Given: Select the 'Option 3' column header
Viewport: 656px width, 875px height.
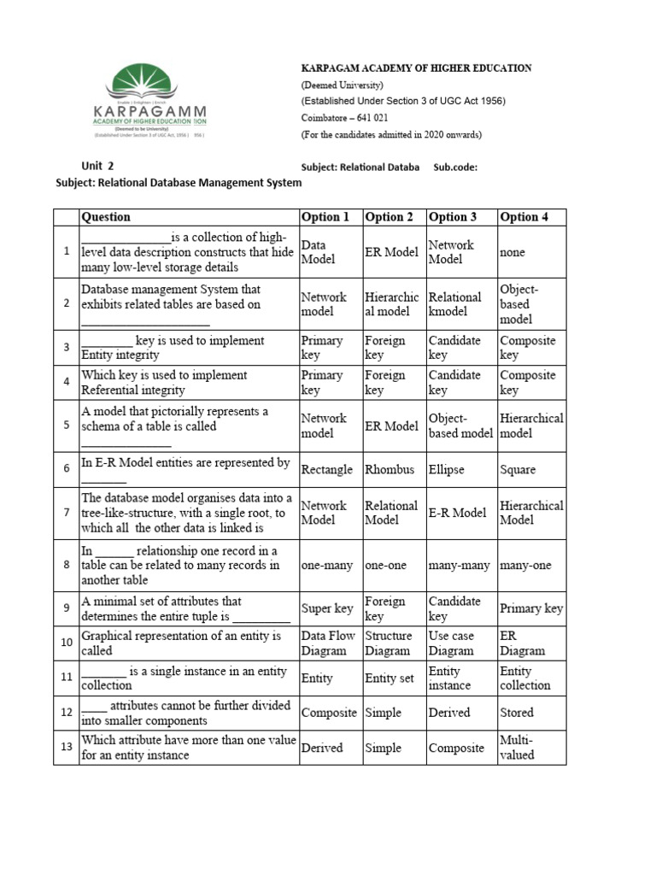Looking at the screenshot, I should tap(453, 217).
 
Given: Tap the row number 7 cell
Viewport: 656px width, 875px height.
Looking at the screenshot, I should tap(66, 513).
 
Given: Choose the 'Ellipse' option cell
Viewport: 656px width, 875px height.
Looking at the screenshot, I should tap(448, 469).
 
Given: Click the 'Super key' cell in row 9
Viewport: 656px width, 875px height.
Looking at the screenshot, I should tap(327, 608).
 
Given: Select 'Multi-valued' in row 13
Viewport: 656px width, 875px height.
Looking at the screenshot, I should tap(517, 748).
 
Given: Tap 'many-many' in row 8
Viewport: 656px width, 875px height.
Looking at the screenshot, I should tap(459, 565).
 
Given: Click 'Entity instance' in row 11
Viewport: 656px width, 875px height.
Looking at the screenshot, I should tap(449, 678).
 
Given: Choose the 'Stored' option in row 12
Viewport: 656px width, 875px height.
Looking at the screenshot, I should tap(517, 713).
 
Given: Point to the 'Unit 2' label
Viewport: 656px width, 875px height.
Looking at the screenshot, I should tap(97, 166).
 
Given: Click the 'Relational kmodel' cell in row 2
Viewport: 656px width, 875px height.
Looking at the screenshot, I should tap(455, 304).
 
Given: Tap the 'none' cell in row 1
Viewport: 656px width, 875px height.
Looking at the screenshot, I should tap(513, 252).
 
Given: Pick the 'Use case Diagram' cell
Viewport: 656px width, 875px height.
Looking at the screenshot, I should tap(451, 643).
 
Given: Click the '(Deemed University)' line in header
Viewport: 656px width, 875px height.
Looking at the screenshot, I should tap(343, 85).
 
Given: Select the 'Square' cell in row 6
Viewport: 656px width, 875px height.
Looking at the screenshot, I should tap(518, 469).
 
